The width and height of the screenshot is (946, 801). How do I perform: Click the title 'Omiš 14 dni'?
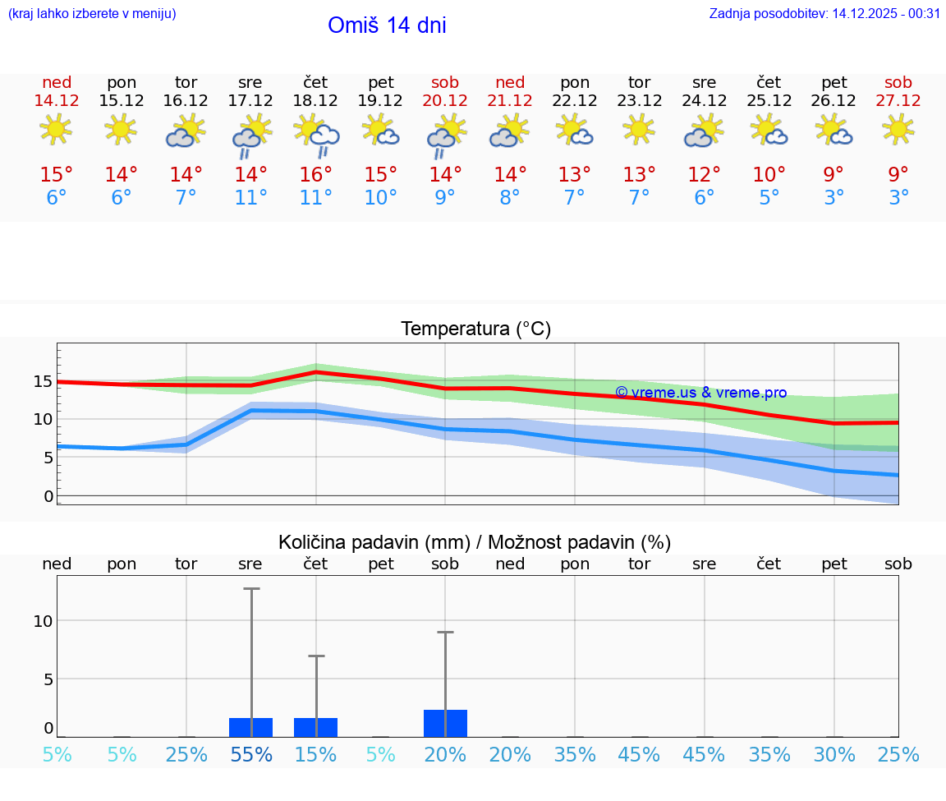[387, 25]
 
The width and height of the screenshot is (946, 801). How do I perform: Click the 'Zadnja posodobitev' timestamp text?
[824, 13]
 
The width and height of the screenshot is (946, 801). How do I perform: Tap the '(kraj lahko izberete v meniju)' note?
[92, 13]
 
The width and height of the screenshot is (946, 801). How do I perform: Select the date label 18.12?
[315, 100]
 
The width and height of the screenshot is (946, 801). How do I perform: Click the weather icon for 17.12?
[250, 136]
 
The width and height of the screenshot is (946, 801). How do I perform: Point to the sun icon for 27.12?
[898, 129]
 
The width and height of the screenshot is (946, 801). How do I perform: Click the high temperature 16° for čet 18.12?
[315, 175]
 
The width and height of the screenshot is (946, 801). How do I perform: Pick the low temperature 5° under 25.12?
[769, 198]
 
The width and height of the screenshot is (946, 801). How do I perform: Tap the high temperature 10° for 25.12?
[769, 175]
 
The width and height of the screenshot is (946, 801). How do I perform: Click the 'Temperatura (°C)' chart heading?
[475, 329]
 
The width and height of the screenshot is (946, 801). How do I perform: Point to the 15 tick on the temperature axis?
[43, 381]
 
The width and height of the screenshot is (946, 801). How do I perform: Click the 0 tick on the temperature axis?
[48, 496]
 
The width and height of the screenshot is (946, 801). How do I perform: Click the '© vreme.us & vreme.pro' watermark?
[700, 393]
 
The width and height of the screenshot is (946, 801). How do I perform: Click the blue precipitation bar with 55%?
[250, 728]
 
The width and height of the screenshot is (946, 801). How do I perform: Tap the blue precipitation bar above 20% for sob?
[445, 724]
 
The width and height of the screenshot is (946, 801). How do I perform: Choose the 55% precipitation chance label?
[250, 754]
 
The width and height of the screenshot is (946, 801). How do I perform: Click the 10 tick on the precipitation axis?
[43, 621]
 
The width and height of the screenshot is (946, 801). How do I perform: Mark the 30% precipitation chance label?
[833, 754]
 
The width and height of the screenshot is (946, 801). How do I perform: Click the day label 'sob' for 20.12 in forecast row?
[445, 82]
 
